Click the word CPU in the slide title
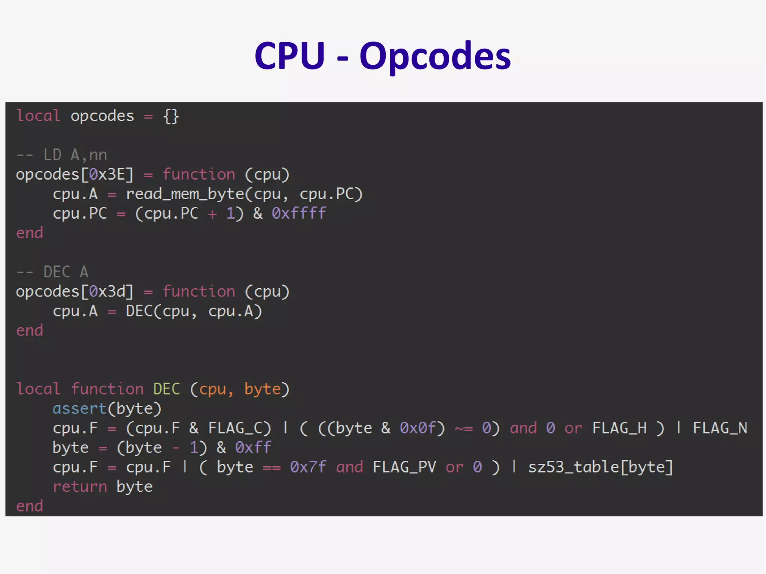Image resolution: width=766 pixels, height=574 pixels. point(289,56)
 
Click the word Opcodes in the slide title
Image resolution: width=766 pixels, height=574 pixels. point(435,56)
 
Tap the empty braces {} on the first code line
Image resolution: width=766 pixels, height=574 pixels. point(171,116)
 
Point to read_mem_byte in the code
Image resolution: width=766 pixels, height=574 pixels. point(185,194)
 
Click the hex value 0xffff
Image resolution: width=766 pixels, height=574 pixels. point(298,214)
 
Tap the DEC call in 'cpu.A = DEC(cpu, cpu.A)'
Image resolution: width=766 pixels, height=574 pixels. point(139,311)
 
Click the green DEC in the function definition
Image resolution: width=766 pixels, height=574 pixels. point(166,389)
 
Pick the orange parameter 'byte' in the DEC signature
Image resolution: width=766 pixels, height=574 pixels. point(263,389)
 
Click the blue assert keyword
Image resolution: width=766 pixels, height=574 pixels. point(80,409)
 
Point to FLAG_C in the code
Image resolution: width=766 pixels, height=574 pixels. point(239,428)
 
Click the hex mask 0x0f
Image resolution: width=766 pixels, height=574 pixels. point(418,428)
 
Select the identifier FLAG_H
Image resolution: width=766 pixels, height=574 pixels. point(619,428)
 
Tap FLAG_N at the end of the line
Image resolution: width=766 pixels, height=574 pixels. point(720,428)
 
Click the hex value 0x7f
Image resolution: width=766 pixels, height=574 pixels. point(308,467)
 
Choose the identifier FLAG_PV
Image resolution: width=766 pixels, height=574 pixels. point(404,467)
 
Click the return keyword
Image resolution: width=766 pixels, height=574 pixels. point(80,487)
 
